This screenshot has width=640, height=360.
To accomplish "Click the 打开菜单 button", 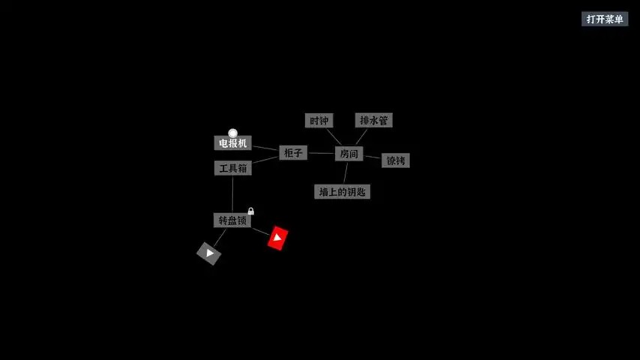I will (604, 19).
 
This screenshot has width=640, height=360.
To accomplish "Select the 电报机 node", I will (232, 143).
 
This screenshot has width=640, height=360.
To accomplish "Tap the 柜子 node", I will (293, 153).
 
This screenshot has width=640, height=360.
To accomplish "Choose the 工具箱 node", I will (232, 169).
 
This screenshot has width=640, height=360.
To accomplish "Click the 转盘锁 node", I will (232, 220).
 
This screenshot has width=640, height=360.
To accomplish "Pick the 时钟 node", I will (319, 121).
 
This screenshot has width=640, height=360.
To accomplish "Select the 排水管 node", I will (373, 121).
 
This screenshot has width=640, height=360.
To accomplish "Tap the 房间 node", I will (348, 154).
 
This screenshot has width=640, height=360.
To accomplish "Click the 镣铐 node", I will (395, 160).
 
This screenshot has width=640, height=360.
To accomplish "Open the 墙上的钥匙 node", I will (342, 192).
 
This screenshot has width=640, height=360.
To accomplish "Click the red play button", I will (278, 238).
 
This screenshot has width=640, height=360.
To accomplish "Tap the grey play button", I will (209, 253).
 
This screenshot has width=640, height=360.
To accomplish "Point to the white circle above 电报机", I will (233, 133).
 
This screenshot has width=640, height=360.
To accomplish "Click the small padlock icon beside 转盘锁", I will (251, 211).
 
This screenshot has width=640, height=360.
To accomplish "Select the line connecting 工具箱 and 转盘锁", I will (232, 194).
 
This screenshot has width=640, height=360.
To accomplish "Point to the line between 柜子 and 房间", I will (321, 153).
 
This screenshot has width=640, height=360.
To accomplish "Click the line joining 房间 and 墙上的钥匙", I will (345, 173).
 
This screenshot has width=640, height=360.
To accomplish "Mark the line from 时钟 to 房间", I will (333, 136).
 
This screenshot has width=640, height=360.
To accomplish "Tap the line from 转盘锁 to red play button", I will (260, 231).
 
